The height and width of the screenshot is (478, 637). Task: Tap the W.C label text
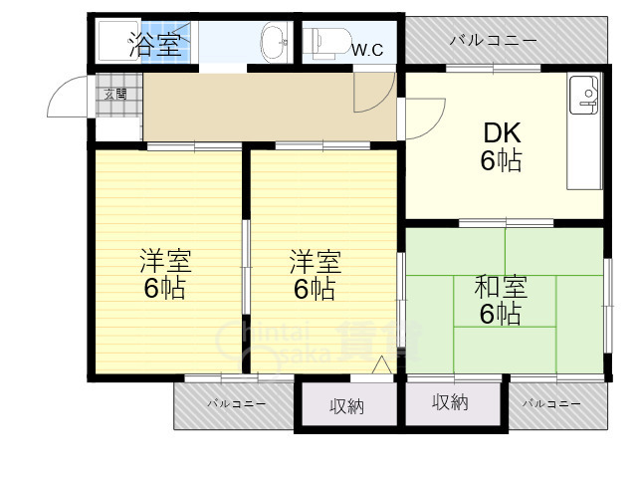point(367,48)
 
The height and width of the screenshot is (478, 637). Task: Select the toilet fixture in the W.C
point(329,42)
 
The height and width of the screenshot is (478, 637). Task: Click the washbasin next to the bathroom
point(273,43)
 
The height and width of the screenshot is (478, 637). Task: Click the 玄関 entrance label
point(118,95)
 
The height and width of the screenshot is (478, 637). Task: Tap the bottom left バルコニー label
point(236,403)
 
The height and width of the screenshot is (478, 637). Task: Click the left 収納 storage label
point(347,405)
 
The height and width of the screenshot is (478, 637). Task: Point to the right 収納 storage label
point(450,402)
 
